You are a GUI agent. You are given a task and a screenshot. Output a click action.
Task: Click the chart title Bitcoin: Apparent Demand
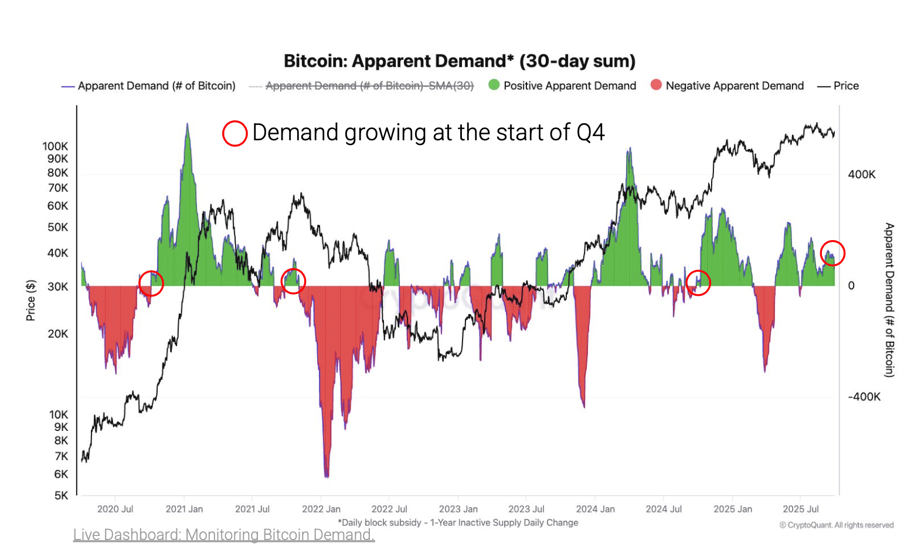pyautogui.click(x=459, y=61)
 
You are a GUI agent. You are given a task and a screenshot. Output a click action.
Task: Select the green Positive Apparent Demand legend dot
pyautogui.click(x=494, y=85)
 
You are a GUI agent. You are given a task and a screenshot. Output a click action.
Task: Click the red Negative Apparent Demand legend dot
pyautogui.click(x=656, y=85)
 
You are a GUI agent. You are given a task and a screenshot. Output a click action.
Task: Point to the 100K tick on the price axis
pyautogui.click(x=55, y=146)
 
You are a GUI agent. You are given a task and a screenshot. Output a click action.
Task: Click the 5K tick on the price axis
pyautogui.click(x=61, y=495)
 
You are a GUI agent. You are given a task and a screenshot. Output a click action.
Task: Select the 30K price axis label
pyautogui.click(x=57, y=286)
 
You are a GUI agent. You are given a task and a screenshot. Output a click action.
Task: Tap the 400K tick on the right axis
pyautogui.click(x=861, y=174)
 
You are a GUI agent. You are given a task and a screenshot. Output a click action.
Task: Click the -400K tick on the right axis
pyautogui.click(x=864, y=397)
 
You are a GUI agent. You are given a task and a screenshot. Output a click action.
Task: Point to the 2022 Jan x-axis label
pyautogui.click(x=321, y=509)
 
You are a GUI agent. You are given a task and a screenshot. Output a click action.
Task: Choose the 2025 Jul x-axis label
pyautogui.click(x=800, y=509)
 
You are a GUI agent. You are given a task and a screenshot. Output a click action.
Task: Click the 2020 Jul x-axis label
pyautogui.click(x=115, y=509)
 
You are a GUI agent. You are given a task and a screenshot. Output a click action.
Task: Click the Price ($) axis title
pyautogui.click(x=30, y=300)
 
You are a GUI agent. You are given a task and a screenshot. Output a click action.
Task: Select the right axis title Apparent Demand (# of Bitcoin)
pyautogui.click(x=889, y=299)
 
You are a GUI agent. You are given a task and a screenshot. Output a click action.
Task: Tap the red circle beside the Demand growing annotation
pyautogui.click(x=234, y=133)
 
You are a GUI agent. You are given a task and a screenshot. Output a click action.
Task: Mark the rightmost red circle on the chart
pyautogui.click(x=832, y=253)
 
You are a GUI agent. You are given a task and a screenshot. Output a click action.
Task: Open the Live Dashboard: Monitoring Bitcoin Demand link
pyautogui.click(x=223, y=535)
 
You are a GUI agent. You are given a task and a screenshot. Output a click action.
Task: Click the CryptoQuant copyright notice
pyautogui.click(x=836, y=525)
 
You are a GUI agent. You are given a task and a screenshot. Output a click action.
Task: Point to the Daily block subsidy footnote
pyautogui.click(x=458, y=522)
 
